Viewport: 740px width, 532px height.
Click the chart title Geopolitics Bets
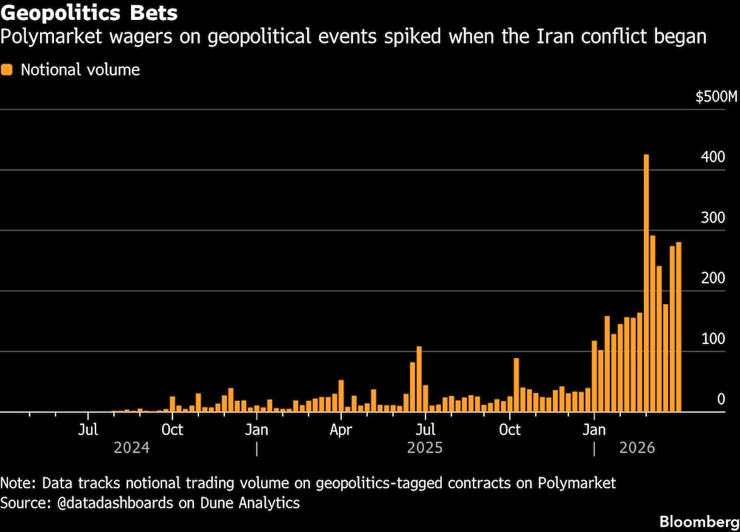coord(88,13)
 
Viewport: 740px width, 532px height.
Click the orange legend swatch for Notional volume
coord(7,70)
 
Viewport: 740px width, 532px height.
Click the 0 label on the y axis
coord(721,400)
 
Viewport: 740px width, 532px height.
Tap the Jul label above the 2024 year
coord(88,430)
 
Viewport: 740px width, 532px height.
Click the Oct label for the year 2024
coord(172,430)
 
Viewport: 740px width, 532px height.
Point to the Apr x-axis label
coord(340,430)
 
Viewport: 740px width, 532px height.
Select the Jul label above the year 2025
coord(425,430)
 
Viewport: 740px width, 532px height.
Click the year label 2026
coord(636,448)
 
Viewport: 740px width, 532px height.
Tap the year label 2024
coord(132,448)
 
